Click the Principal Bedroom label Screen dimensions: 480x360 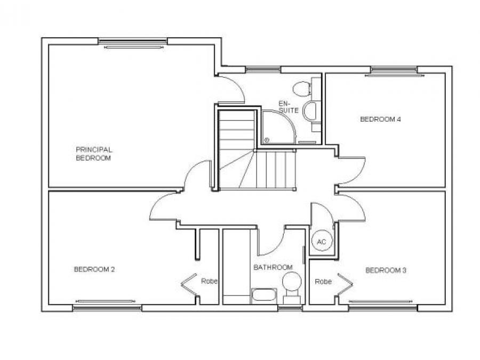click(94, 154)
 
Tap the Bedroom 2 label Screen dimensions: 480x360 click(94, 269)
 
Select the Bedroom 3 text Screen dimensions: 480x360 click(386, 270)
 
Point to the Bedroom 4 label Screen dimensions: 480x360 click(380, 119)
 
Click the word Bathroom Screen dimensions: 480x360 click(273, 267)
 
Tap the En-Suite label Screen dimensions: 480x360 click(288, 107)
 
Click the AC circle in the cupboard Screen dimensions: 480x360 click(322, 242)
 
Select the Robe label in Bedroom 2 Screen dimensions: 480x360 click(209, 281)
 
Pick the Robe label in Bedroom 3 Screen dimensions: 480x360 click(323, 281)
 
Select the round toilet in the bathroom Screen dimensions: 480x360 click(291, 281)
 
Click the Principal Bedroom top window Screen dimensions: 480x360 click(133, 41)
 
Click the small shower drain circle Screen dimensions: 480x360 click(266, 140)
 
